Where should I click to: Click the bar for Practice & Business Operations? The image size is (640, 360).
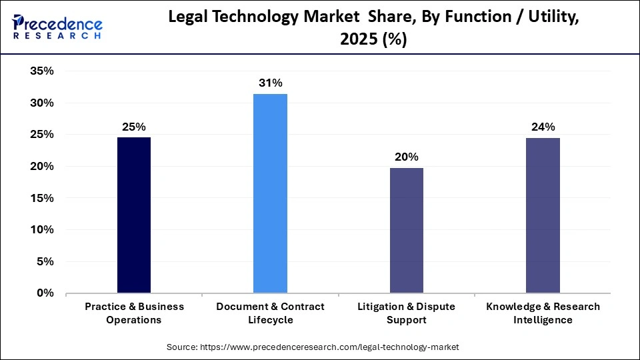(x=134, y=215)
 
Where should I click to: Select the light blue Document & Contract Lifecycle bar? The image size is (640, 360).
(x=270, y=193)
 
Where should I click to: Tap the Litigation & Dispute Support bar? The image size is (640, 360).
(x=406, y=230)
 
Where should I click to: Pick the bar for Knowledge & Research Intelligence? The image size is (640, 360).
(x=542, y=215)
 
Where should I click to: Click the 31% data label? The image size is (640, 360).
(x=271, y=83)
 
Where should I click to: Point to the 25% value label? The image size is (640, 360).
(x=134, y=127)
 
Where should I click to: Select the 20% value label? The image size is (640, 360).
(x=406, y=157)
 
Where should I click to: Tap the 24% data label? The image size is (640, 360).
(x=542, y=127)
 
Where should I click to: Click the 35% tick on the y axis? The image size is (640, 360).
(x=41, y=71)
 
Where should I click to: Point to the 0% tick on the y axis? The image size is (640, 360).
(x=45, y=293)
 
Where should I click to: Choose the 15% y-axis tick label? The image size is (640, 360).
(x=41, y=198)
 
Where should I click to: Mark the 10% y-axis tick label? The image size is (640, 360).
(x=41, y=230)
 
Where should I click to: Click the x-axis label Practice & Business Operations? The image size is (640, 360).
(x=134, y=313)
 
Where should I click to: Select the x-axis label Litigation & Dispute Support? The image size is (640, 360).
(x=406, y=313)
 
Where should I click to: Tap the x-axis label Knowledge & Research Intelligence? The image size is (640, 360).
(x=542, y=313)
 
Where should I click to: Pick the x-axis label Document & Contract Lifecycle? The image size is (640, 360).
(x=270, y=313)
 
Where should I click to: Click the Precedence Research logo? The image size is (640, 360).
(x=57, y=27)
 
